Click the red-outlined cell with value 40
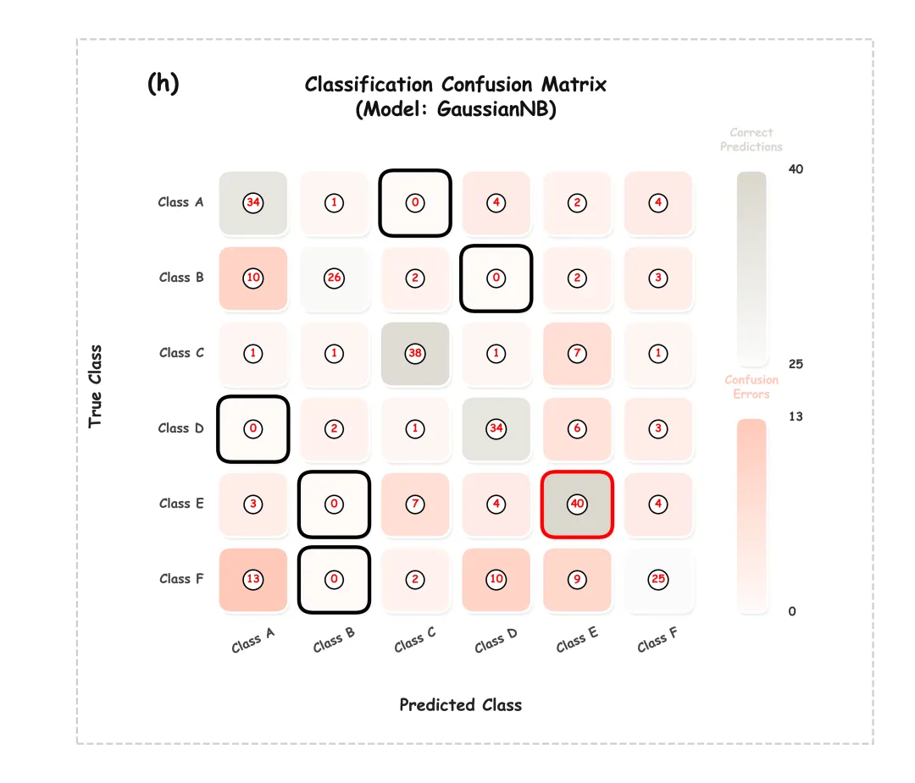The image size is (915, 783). pyautogui.click(x=577, y=504)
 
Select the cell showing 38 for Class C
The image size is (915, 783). pyautogui.click(x=415, y=353)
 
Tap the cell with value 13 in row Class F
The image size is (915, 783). pyautogui.click(x=252, y=579)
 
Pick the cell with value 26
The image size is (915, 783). pyautogui.click(x=334, y=278)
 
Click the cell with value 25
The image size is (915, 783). pyautogui.click(x=658, y=579)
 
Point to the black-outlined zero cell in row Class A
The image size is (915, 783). pyautogui.click(x=415, y=202)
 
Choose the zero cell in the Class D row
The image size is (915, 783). pyautogui.click(x=252, y=428)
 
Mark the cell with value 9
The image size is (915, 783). pyautogui.click(x=577, y=579)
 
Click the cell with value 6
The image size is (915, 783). pyautogui.click(x=577, y=428)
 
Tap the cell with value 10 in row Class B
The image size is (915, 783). pyautogui.click(x=252, y=278)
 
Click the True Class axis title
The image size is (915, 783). pyautogui.click(x=95, y=385)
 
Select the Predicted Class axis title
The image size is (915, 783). pyautogui.click(x=460, y=705)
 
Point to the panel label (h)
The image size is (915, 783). pyautogui.click(x=163, y=84)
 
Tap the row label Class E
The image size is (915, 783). pyautogui.click(x=181, y=504)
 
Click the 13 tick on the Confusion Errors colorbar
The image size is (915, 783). pyautogui.click(x=796, y=416)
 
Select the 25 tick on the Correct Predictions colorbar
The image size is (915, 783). pyautogui.click(x=796, y=364)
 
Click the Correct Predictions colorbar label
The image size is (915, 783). pyautogui.click(x=751, y=140)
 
